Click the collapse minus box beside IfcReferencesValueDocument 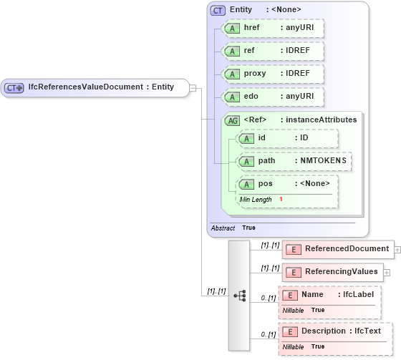[193, 87]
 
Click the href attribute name [252, 28]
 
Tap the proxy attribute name [256, 74]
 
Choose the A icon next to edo [232, 97]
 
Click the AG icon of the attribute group [232, 120]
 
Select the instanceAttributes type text [320, 120]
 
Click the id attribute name [262, 137]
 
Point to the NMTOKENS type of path [323, 161]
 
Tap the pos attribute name [265, 184]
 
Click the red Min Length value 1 [281, 199]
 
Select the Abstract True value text [248, 228]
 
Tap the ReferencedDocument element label [347, 249]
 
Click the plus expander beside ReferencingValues [387, 272]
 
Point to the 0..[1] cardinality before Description [267, 335]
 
